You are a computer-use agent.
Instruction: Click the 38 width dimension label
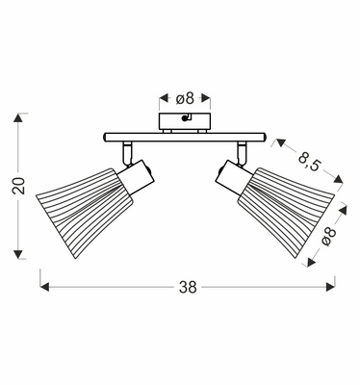[x=188, y=287]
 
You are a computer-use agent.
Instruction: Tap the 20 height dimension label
[x=19, y=186]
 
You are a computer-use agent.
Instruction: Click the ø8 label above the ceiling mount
[x=186, y=98]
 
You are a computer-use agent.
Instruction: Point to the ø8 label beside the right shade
[x=328, y=237]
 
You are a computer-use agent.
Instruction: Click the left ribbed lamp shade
[x=84, y=212]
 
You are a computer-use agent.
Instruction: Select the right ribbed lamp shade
[x=287, y=212]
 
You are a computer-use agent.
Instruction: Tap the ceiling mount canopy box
[x=185, y=121]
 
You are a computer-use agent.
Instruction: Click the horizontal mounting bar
[x=185, y=138]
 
